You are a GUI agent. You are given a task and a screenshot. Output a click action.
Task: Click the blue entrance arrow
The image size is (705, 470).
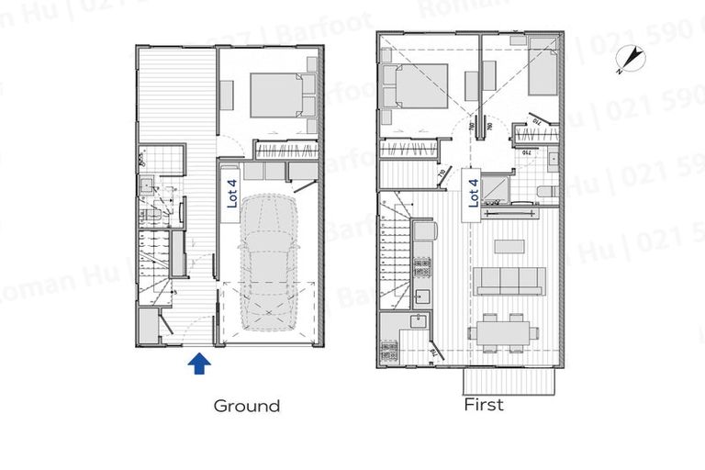tap(199, 364)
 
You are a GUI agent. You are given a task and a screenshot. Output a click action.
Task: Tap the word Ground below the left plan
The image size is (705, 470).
tap(246, 405)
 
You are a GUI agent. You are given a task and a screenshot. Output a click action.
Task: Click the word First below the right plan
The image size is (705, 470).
tap(484, 405)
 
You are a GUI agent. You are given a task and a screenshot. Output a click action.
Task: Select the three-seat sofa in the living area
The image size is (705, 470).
tap(509, 280)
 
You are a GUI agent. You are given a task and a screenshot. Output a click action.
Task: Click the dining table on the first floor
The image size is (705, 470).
tap(498, 330)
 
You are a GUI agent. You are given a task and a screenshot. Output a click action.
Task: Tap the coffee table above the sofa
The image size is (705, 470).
tap(509, 246)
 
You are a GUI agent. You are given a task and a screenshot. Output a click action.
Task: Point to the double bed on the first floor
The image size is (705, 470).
tap(417, 92)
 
